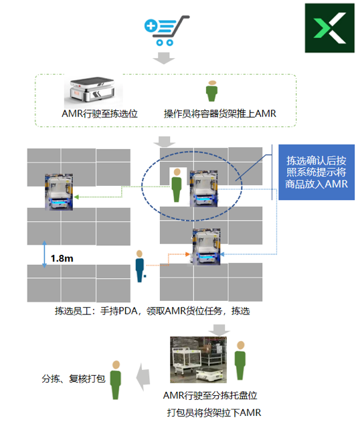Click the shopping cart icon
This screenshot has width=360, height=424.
pyautogui.click(x=166, y=30)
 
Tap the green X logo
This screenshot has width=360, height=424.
pyautogui.click(x=330, y=28)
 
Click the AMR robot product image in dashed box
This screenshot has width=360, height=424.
pyautogui.click(x=92, y=90)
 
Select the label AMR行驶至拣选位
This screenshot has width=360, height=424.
pyautogui.click(x=100, y=114)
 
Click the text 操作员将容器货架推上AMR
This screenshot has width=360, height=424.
pyautogui.click(x=220, y=114)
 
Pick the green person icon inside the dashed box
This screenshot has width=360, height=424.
pyautogui.click(x=211, y=91)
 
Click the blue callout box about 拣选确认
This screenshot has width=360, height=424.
pyautogui.click(x=317, y=173)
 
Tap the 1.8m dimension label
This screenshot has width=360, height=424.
pyautogui.click(x=62, y=259)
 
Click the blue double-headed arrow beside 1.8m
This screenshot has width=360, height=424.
pyautogui.click(x=44, y=254)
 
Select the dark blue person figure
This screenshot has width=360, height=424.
pyautogui.click(x=140, y=266)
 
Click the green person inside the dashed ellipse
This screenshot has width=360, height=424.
pyautogui.click(x=177, y=185)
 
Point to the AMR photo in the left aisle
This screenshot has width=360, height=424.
pyautogui.click(x=59, y=192)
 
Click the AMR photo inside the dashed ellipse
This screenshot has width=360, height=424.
pyautogui.click(x=203, y=189)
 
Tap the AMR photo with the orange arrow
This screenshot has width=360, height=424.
pyautogui.click(x=206, y=247)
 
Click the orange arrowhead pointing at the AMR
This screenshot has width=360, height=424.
pyautogui.click(x=187, y=254)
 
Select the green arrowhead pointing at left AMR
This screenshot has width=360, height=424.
pyautogui.click(x=76, y=197)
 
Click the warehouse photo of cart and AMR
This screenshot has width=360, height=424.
pyautogui.click(x=198, y=360)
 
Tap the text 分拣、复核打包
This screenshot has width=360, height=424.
pyautogui.click(x=74, y=379)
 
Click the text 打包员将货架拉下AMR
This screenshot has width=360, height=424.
pyautogui.click(x=214, y=413)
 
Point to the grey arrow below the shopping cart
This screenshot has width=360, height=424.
pyautogui.click(x=164, y=58)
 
